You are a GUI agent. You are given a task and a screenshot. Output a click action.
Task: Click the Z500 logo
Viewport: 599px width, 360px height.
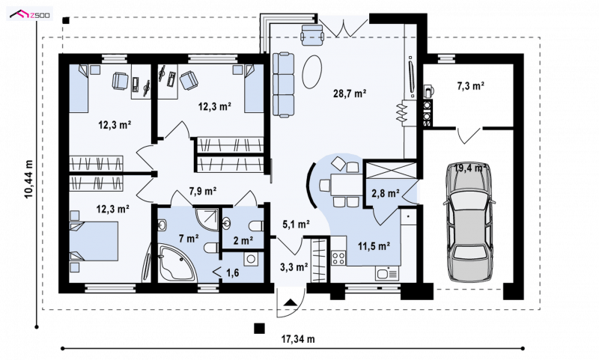[x=29, y=14]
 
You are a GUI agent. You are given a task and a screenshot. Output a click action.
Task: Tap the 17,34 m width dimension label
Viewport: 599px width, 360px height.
[x=298, y=338]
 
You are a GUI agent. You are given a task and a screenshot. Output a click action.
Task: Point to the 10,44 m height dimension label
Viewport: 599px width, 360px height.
[x=29, y=179]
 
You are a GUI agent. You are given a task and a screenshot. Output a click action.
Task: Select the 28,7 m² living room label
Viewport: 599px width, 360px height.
[x=350, y=93]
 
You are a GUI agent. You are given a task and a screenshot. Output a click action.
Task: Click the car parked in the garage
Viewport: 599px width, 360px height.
[x=469, y=223]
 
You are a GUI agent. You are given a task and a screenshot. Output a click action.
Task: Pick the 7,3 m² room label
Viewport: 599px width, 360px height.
[x=471, y=86]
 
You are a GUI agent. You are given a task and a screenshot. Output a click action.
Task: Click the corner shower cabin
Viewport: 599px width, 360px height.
[x=207, y=219]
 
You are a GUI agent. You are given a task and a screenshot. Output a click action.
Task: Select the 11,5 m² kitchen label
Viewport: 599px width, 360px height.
[x=374, y=245]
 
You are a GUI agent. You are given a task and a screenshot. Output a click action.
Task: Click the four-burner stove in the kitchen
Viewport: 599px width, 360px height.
[x=338, y=258]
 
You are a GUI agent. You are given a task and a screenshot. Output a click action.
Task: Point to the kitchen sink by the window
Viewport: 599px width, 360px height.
[x=387, y=274]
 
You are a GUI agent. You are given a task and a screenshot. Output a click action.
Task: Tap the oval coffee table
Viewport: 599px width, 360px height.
[x=312, y=71]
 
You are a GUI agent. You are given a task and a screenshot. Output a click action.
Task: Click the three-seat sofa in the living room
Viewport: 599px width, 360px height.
[x=284, y=85]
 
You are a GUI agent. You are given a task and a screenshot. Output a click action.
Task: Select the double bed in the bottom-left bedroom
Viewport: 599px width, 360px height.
[x=94, y=242]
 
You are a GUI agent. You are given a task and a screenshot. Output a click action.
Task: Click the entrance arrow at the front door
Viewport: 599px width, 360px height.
[x=291, y=302]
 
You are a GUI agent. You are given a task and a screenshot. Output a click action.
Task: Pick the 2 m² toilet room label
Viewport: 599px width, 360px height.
[x=243, y=240]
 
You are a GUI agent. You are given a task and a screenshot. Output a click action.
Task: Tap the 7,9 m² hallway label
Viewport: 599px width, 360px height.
[x=203, y=191]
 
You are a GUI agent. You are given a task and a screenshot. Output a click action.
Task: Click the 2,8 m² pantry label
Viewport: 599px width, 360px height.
[x=386, y=194]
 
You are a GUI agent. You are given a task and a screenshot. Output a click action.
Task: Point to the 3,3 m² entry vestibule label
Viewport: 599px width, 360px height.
[x=294, y=267]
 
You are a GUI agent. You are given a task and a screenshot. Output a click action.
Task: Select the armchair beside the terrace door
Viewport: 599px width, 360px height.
[x=312, y=34]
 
